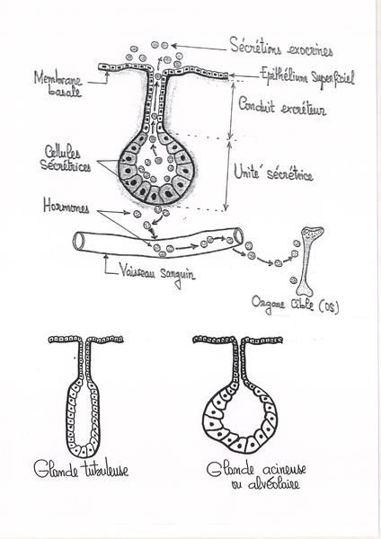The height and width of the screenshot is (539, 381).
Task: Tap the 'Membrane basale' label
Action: click(x=58, y=84)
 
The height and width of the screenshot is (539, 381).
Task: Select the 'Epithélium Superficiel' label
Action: click(x=306, y=76)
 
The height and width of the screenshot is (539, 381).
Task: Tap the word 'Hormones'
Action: click(x=66, y=206)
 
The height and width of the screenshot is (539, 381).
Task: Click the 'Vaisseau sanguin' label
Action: click(x=156, y=274)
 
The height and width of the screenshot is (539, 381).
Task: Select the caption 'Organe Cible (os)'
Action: click(x=295, y=305)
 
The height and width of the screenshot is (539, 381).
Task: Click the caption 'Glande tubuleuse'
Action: click(x=81, y=469)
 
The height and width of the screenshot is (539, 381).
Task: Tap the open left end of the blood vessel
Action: click(x=78, y=241)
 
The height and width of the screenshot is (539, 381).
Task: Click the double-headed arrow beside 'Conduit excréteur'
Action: click(x=231, y=110)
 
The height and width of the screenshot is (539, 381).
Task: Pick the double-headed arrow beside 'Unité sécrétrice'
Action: click(x=227, y=175)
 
